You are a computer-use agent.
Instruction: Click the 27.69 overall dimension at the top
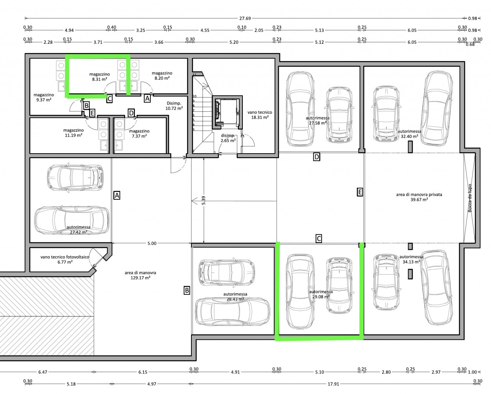tap(245, 18)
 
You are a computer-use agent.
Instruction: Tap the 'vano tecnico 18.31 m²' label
tap(260, 115)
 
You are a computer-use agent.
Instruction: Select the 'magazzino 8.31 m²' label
tap(99, 77)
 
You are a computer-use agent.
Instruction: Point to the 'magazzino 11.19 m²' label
tap(74, 133)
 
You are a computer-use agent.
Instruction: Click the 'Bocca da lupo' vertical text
tap(470, 198)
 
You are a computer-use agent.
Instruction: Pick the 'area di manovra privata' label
tap(419, 195)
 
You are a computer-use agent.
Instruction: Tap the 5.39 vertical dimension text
tap(204, 200)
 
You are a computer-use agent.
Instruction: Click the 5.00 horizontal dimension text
tap(152, 243)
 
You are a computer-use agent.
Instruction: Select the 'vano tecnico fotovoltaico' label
tap(65, 257)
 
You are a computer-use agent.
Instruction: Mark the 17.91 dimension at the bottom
tap(333, 384)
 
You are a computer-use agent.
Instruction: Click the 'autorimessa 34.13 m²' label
tap(411, 259)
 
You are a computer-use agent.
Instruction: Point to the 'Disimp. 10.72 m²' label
tap(174, 106)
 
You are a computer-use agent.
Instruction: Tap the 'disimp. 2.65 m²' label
tap(228, 138)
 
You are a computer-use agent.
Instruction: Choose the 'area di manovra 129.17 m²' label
tap(140, 275)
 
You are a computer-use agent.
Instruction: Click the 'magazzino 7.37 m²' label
tap(139, 134)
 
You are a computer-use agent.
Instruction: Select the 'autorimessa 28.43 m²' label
tap(235, 297)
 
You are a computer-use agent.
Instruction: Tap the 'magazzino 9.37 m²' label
tap(44, 97)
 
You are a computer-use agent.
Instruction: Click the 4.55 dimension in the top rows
tap(205, 30)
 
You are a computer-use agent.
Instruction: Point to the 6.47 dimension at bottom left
tap(43, 372)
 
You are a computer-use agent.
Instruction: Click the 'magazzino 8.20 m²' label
tap(162, 76)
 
